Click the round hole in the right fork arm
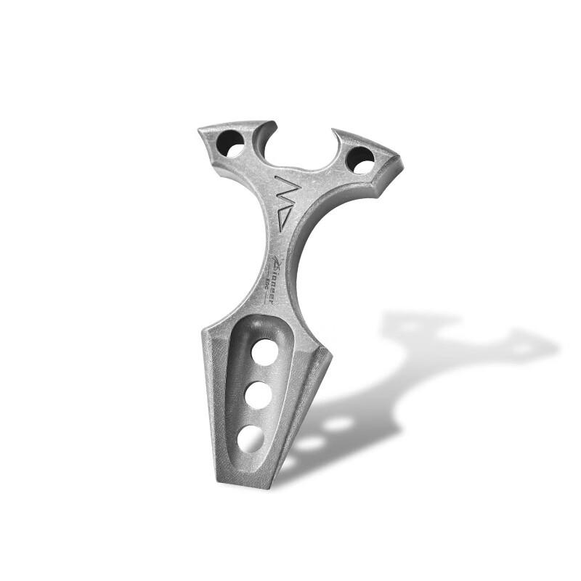(360, 159)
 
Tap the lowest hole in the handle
(251, 438)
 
